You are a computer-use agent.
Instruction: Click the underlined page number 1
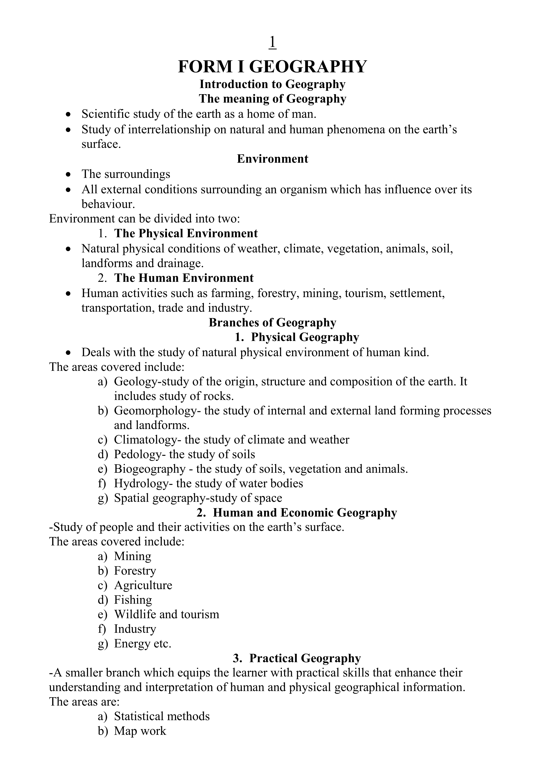[x=272, y=43]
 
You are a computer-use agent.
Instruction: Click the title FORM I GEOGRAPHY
[x=272, y=67]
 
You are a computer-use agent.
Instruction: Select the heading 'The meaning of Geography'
[x=272, y=99]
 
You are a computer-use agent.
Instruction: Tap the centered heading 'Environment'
[x=272, y=159]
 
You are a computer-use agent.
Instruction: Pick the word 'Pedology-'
[x=140, y=454]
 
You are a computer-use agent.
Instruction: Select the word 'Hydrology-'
[x=143, y=484]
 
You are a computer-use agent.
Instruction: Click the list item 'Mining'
[x=132, y=556]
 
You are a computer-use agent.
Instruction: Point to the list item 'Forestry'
[x=135, y=571]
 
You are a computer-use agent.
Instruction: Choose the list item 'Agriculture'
[x=143, y=585]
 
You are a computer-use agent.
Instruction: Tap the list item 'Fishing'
[x=133, y=600]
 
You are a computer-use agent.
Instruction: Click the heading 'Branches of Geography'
[x=272, y=322]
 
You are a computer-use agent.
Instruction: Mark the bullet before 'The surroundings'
[x=68, y=174]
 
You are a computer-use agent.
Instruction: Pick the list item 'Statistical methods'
[x=162, y=716]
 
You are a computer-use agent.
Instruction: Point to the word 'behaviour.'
[x=108, y=204]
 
